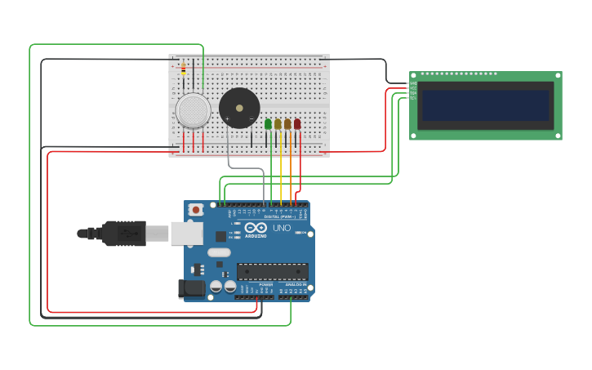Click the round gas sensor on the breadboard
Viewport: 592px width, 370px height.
coord(193,110)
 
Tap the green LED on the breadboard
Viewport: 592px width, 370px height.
coord(268,124)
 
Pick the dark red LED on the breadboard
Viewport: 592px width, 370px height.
coord(297,124)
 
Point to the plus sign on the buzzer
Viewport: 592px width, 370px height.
coord(227,119)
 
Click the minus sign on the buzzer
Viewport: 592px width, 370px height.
coord(251,119)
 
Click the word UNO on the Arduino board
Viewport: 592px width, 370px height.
coord(282,228)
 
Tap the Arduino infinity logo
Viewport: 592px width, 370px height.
coord(256,228)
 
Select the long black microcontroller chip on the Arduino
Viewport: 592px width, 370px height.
coord(272,271)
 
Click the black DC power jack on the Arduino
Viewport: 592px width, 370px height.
coord(191,288)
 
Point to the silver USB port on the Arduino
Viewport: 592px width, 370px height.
coord(186,234)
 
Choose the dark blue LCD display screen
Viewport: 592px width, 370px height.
coord(485,105)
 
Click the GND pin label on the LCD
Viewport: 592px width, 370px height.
coord(413,83)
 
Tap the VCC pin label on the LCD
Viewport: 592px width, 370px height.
coord(413,88)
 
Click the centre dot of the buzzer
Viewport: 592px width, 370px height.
coord(239,107)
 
